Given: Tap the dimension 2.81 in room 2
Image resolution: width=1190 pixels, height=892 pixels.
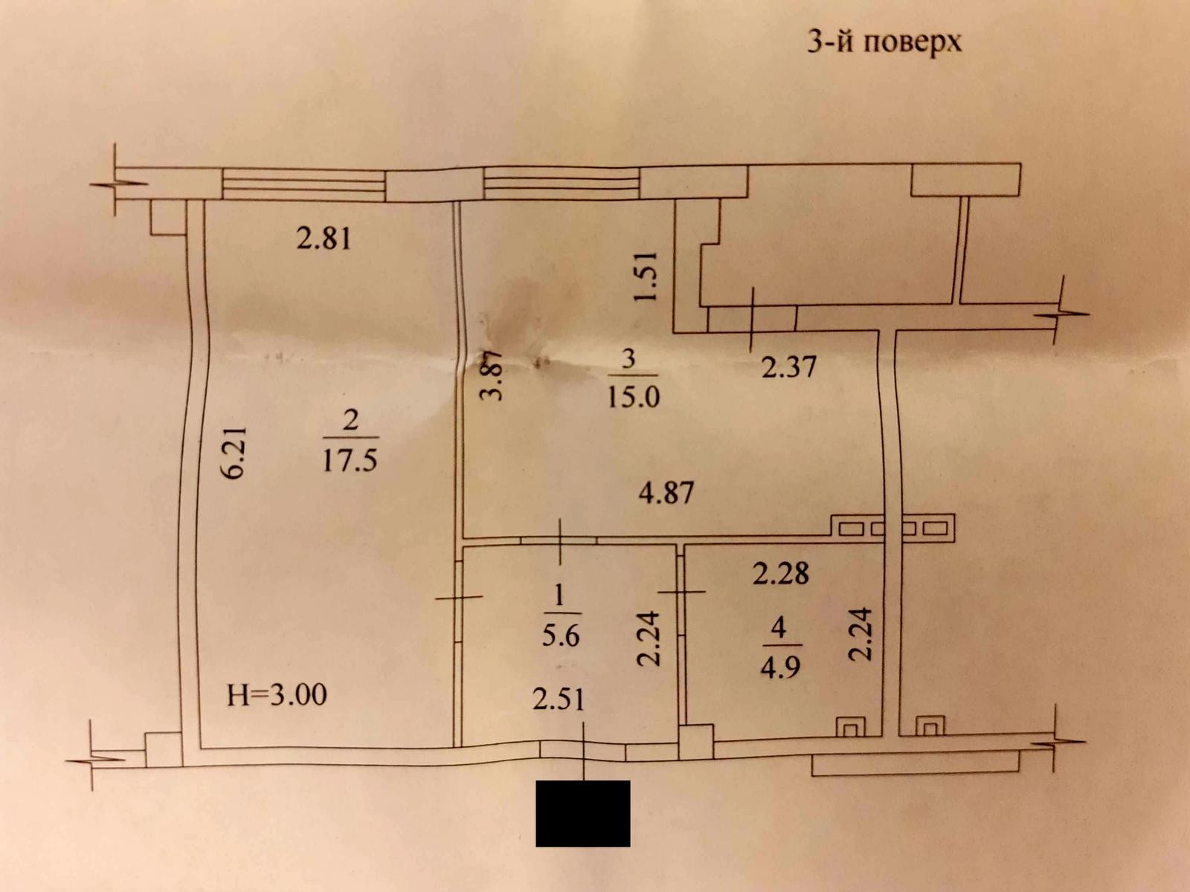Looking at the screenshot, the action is point(324,239).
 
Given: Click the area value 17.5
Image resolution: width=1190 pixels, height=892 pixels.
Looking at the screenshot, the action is point(350,462).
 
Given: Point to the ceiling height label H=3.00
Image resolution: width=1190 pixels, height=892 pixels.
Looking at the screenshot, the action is point(277,695).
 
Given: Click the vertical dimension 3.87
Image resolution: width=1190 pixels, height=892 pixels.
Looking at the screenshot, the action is point(492,375).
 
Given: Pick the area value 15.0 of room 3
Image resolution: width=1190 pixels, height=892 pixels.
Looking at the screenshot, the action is point(633,397).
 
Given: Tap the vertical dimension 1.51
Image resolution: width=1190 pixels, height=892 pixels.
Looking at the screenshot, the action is point(646,276).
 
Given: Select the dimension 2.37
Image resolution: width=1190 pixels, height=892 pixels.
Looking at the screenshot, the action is point(789,366).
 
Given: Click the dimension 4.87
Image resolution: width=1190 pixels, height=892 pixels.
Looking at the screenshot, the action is point(666,494).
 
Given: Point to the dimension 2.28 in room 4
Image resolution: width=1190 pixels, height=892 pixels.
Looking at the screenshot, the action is point(781,573).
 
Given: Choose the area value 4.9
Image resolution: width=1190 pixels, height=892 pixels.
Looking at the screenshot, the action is point(780,668).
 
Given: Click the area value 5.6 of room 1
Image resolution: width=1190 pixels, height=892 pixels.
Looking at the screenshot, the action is point(561,636).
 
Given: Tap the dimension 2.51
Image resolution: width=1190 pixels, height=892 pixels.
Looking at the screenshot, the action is point(559,699).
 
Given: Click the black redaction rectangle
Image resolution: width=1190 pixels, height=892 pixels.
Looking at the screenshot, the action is point(583,813).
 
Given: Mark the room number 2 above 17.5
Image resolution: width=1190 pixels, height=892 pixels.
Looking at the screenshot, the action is point(350,420).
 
